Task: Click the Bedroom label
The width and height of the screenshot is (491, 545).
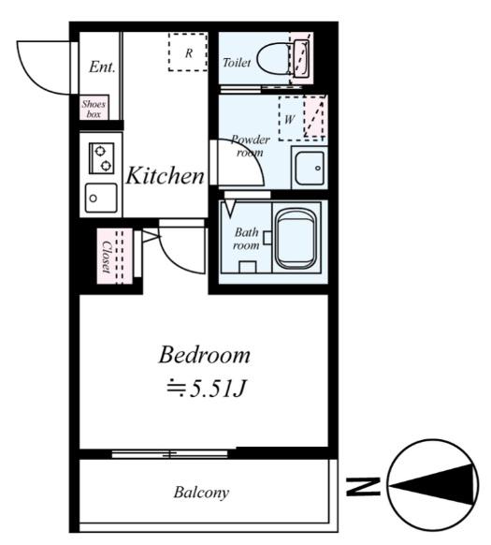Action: tap(204, 355)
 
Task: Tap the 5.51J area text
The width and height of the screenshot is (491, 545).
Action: tap(207, 389)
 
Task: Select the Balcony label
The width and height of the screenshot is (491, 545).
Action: tap(201, 493)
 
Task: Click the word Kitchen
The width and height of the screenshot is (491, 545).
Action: tap(165, 175)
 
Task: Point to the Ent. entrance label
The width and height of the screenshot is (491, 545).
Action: tap(102, 66)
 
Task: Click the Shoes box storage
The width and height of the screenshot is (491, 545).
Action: tap(94, 108)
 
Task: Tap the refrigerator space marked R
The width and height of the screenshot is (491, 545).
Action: tap(188, 52)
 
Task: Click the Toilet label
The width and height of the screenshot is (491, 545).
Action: tap(237, 63)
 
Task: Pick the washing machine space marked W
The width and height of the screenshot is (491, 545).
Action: tap(302, 118)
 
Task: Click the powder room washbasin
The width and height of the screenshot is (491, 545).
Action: tap(309, 168)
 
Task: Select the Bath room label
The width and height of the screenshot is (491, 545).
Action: tap(246, 239)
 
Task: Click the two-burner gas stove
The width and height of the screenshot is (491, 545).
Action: tap(101, 158)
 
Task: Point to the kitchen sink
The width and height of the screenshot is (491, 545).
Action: tap(101, 198)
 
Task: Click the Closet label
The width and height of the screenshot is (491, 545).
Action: tap(107, 257)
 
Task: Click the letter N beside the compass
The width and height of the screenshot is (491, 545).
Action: tap(363, 486)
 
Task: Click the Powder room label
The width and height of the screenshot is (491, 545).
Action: tap(250, 146)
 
